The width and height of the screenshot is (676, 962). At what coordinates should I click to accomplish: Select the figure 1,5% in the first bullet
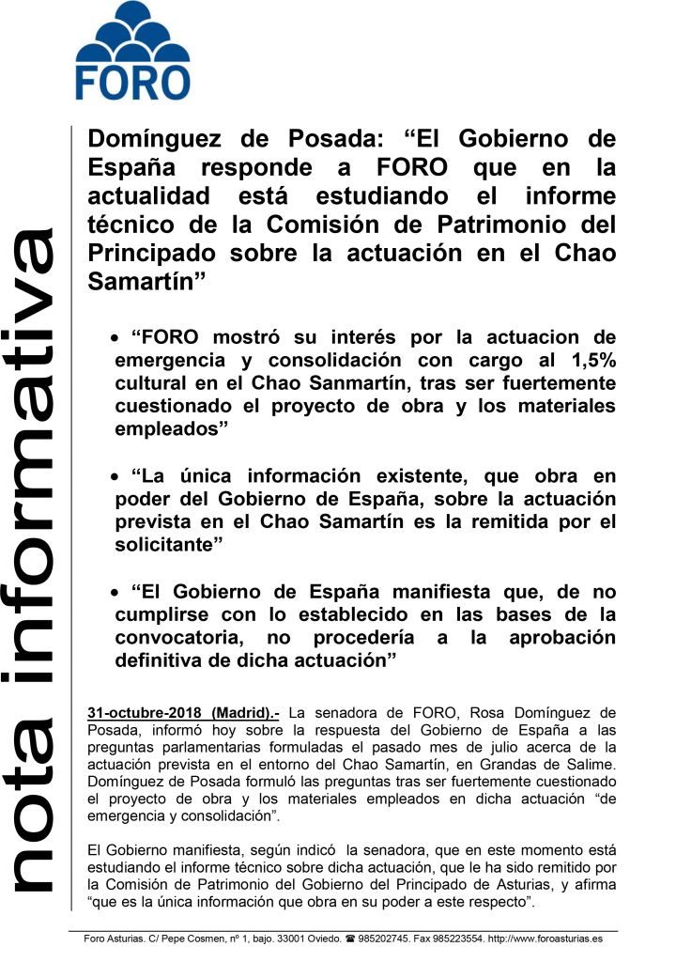(x=589, y=360)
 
